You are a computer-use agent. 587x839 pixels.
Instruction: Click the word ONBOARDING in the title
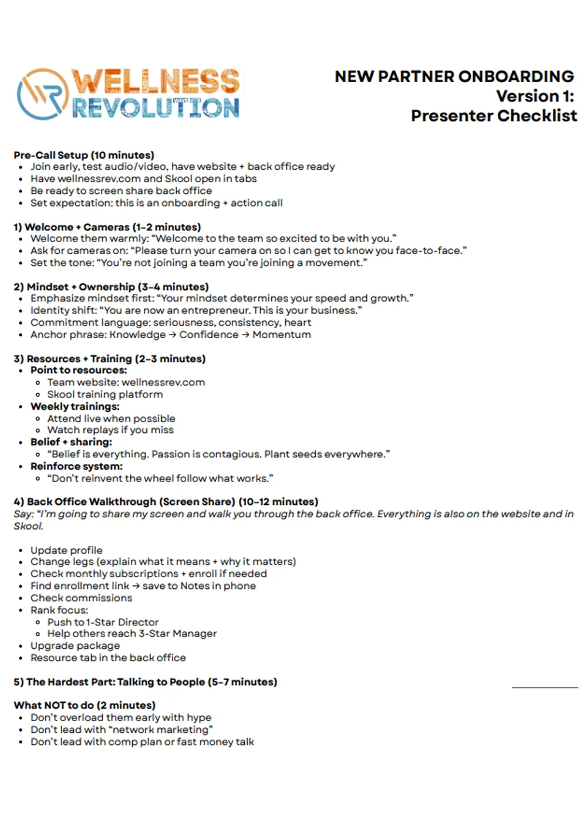tap(515, 77)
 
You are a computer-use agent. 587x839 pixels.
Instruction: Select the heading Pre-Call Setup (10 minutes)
tap(84, 155)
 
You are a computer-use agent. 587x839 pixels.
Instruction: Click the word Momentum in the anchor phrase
tap(282, 335)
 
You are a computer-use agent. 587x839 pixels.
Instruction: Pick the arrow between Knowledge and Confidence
tap(173, 335)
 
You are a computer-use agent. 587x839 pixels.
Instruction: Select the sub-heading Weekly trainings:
tap(75, 406)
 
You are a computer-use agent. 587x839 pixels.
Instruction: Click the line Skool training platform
tap(105, 395)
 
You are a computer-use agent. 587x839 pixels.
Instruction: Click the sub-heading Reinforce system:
tap(76, 466)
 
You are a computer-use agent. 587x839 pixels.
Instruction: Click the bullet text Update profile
tap(66, 550)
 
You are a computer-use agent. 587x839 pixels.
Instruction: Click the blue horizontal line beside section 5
tap(545, 687)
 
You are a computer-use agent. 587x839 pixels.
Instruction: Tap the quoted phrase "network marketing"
tap(158, 730)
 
